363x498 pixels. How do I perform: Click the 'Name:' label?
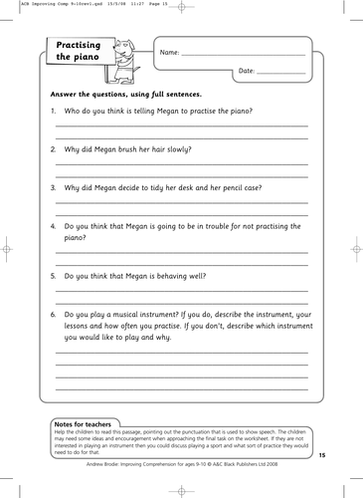169,52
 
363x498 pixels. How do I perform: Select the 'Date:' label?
248,72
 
